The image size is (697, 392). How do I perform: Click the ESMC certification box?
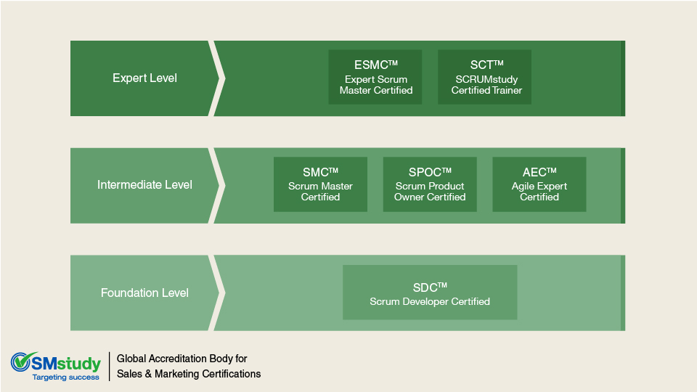(x=375, y=77)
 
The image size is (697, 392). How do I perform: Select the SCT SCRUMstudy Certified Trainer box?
(x=485, y=77)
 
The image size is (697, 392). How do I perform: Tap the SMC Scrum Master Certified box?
(x=320, y=184)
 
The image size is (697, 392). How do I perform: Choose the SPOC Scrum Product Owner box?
(x=430, y=184)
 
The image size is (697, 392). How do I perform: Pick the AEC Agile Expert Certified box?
(x=539, y=184)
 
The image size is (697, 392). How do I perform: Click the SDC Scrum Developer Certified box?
(x=430, y=293)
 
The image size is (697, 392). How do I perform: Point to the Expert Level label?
(x=144, y=78)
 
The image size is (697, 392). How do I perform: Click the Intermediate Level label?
(x=144, y=185)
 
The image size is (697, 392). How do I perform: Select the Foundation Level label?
(x=144, y=293)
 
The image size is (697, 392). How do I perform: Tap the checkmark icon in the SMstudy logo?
(x=23, y=361)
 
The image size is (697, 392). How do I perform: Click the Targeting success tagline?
(x=66, y=377)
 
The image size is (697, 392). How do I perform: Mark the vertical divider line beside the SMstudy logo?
(x=110, y=367)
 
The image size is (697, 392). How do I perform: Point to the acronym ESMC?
(x=372, y=65)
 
